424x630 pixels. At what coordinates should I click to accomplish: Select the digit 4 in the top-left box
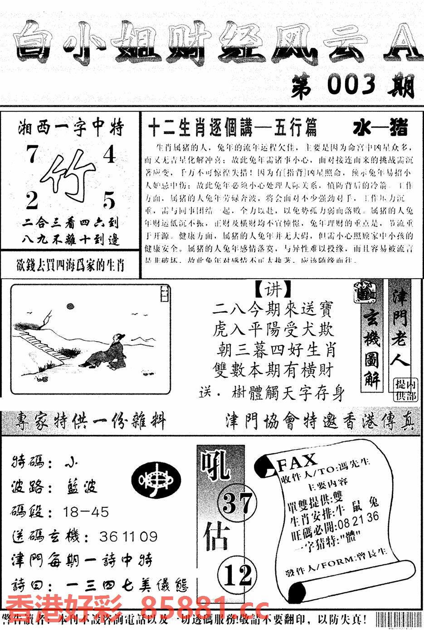[109, 155]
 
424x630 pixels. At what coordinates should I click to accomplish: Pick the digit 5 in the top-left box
[109, 199]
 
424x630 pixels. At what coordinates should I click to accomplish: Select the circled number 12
[238, 576]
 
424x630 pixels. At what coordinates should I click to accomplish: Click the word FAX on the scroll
[297, 462]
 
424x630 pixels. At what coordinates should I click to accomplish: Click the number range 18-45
[86, 512]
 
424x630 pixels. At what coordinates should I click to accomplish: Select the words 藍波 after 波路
[79, 487]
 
